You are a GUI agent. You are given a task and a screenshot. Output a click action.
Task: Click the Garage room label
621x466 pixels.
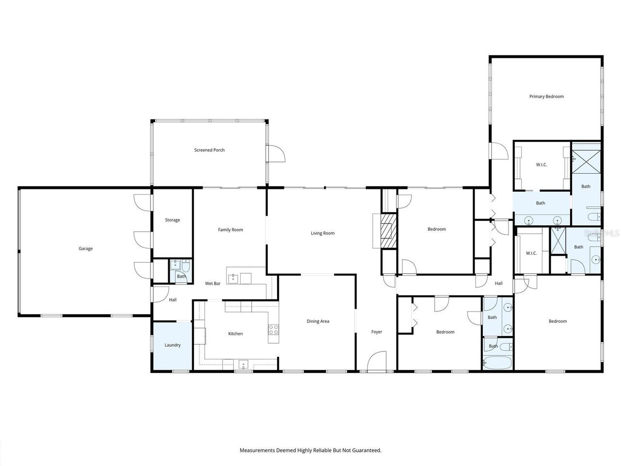click(x=85, y=249)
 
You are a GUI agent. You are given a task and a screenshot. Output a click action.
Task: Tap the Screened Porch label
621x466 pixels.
click(x=209, y=150)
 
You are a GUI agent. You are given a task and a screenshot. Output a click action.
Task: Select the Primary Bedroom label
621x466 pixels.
click(x=546, y=97)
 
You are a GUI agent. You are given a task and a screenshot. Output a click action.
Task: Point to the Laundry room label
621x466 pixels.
click(x=172, y=345)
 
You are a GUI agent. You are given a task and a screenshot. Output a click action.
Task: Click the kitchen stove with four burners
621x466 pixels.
click(x=274, y=330)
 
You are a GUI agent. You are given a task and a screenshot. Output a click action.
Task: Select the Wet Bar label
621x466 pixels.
click(x=212, y=283)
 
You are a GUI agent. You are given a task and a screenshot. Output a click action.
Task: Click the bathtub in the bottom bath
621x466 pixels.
click(x=497, y=363)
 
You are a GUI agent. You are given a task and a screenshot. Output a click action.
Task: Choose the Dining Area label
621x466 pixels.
click(x=318, y=321)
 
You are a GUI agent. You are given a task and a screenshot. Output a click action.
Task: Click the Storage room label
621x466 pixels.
click(x=172, y=220)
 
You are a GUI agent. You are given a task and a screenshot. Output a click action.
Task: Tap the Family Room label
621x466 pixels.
click(x=230, y=230)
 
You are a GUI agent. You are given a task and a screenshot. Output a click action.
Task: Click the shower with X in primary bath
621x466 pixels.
click(x=586, y=162)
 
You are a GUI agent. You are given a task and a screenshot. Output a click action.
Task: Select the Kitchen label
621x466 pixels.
click(x=235, y=333)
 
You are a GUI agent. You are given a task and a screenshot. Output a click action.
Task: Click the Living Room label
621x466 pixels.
click(x=323, y=233)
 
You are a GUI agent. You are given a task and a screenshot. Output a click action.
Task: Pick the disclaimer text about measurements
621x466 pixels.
click(x=310, y=450)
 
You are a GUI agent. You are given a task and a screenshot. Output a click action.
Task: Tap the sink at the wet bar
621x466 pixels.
click(x=233, y=278)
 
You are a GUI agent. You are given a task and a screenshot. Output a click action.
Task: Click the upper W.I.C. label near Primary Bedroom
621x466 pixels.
click(x=541, y=165)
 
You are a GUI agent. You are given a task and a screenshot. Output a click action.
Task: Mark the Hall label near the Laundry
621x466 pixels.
click(x=172, y=300)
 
